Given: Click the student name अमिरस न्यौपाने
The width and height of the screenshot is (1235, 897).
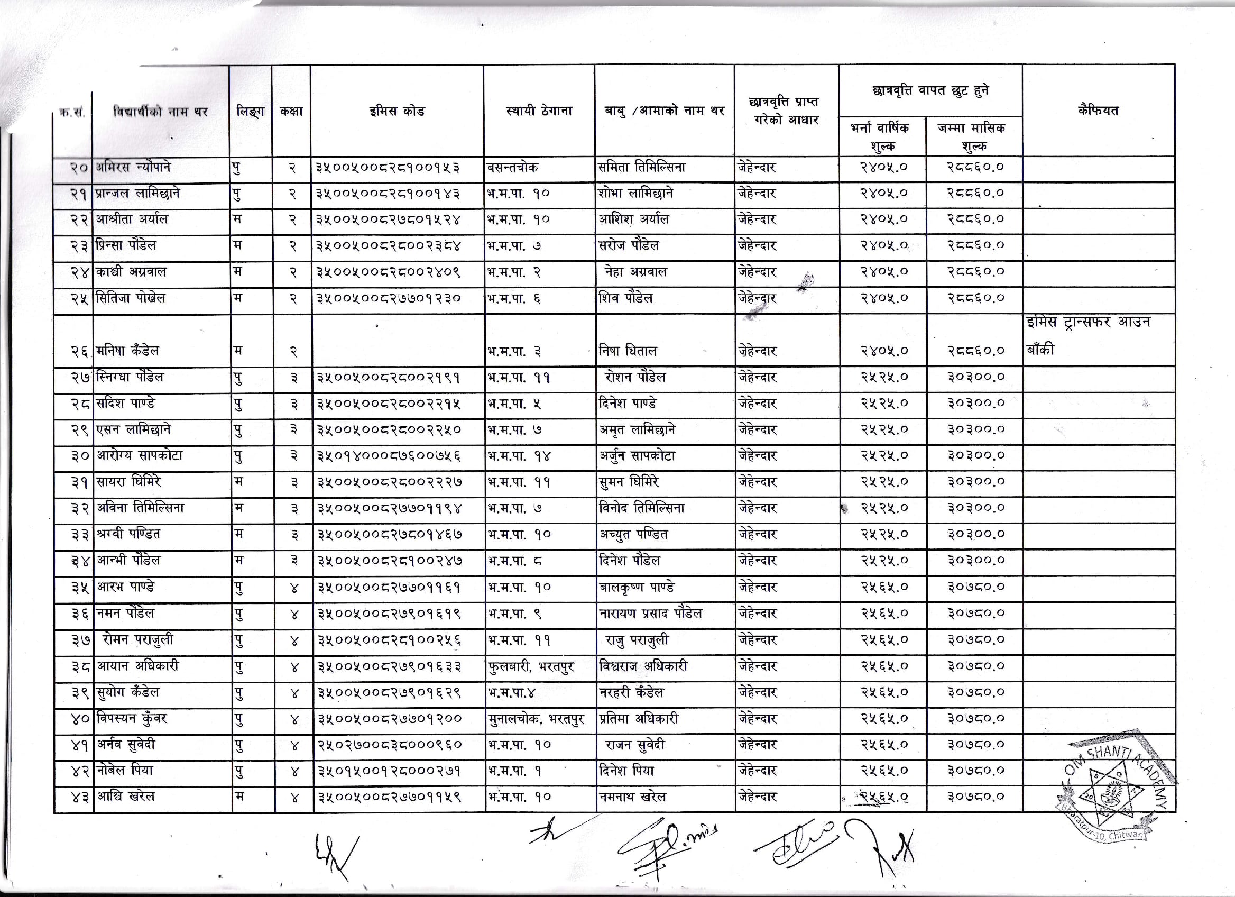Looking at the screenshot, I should [x=133, y=167].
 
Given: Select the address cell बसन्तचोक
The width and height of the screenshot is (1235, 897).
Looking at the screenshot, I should [x=512, y=167].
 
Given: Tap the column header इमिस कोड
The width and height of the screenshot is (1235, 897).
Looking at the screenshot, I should [x=397, y=111].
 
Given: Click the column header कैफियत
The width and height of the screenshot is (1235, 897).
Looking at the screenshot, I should [x=1098, y=111].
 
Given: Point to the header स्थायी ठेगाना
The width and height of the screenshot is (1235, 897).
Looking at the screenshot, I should [x=539, y=111].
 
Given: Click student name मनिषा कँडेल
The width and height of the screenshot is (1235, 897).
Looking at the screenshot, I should [x=127, y=351].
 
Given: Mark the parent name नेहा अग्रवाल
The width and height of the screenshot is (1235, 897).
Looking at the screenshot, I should [x=635, y=272].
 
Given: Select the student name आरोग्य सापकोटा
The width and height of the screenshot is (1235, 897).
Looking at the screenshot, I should [x=140, y=456].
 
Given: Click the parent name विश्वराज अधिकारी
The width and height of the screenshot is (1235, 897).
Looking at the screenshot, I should [x=643, y=666].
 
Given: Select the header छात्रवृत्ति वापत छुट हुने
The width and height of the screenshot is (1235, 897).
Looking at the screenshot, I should [x=930, y=91].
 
